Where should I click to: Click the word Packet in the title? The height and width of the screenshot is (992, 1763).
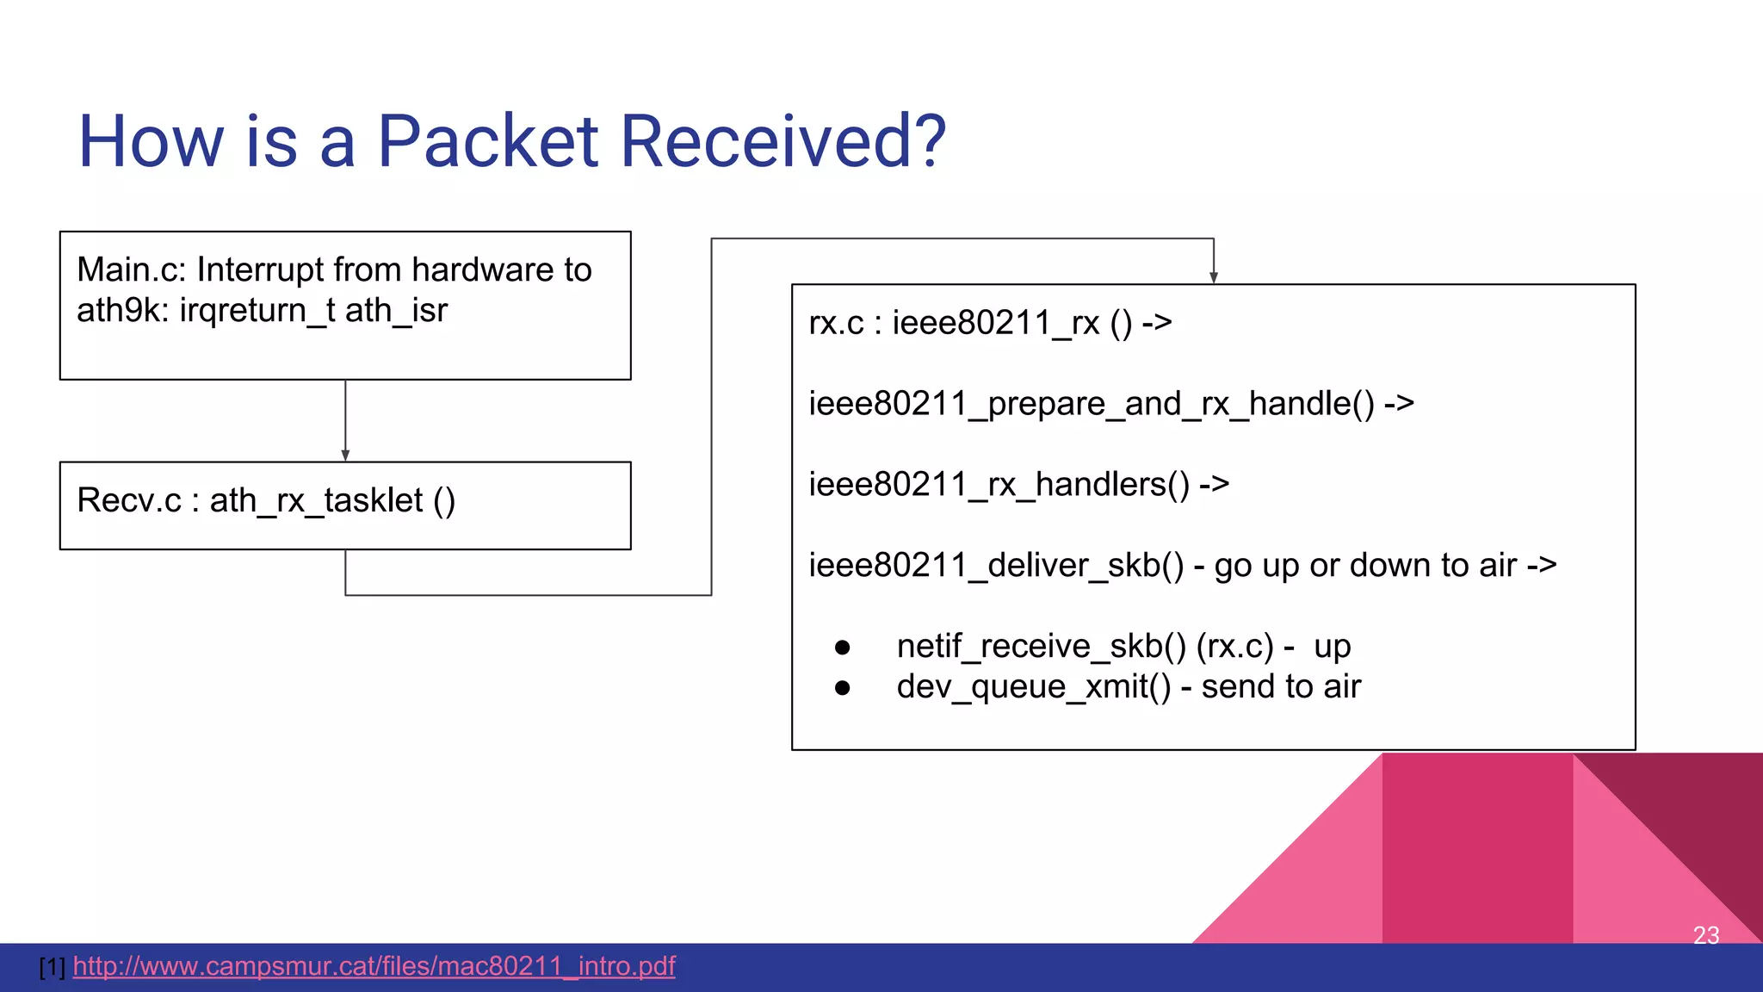pos(487,141)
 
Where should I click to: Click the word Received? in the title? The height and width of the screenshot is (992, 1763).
pos(783,141)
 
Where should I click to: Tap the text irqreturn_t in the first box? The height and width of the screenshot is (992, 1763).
pos(257,311)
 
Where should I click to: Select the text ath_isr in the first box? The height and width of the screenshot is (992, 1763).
pos(397,311)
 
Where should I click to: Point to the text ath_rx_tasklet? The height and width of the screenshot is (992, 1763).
pos(316,501)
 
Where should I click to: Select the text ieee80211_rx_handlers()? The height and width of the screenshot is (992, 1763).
pos(999,485)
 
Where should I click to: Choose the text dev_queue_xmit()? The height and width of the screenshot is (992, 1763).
pos(1034,687)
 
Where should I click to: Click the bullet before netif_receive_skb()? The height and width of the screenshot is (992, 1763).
pos(843,648)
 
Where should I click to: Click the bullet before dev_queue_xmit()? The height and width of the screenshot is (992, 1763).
pos(843,688)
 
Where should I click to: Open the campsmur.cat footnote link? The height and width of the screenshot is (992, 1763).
pos(374,966)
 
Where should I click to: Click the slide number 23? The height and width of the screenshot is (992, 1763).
pos(1705,935)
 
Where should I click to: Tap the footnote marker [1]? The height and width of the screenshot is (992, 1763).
pos(53,967)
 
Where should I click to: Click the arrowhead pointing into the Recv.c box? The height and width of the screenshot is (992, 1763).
pos(345,456)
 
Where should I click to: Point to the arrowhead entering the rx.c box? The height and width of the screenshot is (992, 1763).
pos(1214,277)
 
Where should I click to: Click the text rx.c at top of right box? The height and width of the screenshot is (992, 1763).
pos(836,324)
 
